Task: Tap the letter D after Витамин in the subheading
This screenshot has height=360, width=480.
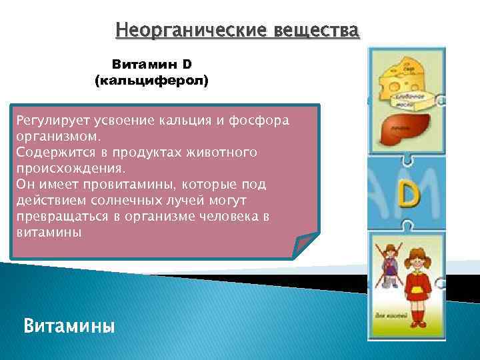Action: tap(187, 65)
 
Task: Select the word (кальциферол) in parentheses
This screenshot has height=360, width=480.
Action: tap(152, 81)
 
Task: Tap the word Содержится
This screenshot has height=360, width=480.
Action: tap(49, 153)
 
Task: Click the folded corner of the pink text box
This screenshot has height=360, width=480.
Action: tap(305, 245)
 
